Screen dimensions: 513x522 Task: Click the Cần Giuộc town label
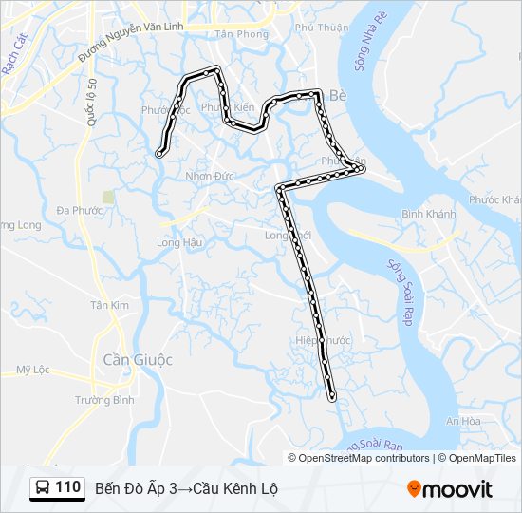[138, 360]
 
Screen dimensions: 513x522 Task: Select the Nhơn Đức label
[210, 176]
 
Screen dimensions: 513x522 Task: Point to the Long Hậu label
[179, 242]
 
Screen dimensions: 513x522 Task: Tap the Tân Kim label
[109, 305]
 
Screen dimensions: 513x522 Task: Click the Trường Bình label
[104, 400]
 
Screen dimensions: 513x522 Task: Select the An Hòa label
[464, 421]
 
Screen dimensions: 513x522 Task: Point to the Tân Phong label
[237, 33]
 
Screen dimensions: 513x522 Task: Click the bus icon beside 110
[44, 488]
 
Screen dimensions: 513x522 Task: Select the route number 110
[68, 487]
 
